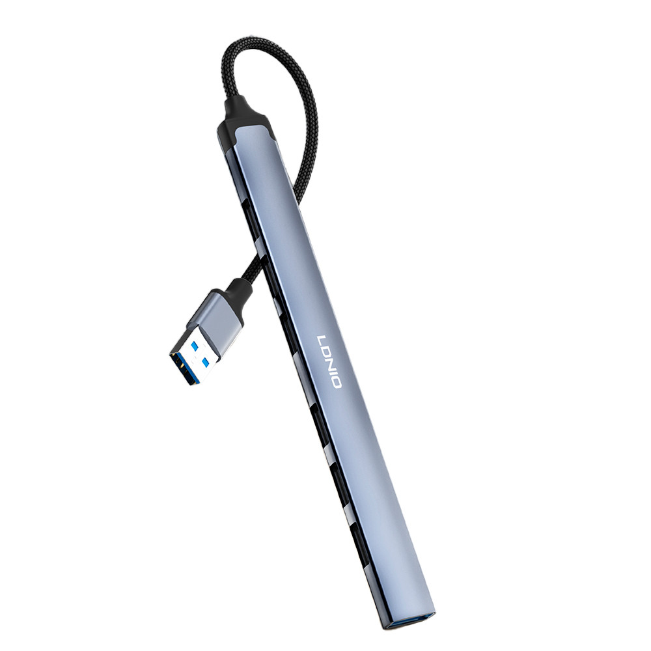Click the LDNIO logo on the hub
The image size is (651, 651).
pyautogui.click(x=329, y=361)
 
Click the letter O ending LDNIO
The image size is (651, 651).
pyautogui.click(x=335, y=381)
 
